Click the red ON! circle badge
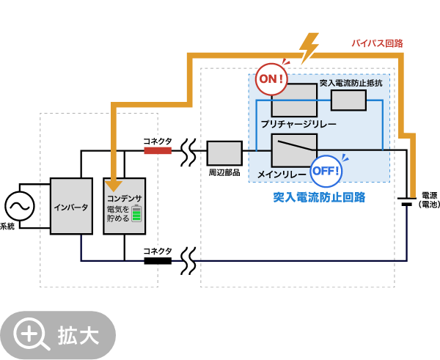[x=271, y=79]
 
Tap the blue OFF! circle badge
[x=326, y=171]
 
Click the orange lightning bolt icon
[x=309, y=48]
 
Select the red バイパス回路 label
[x=377, y=43]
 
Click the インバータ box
[x=71, y=207]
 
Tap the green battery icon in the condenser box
[x=136, y=213]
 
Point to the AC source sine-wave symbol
[x=20, y=206]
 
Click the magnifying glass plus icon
[x=30, y=334]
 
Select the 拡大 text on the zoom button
[x=78, y=336]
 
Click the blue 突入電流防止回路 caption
[x=319, y=196]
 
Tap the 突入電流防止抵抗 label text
[x=351, y=83]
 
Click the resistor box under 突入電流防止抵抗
[x=348, y=100]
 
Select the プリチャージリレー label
[x=298, y=125]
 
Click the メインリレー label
[x=281, y=174]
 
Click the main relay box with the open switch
[x=294, y=150]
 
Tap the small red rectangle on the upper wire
[x=158, y=151]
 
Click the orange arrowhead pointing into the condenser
[x=114, y=185]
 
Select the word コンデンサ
[x=124, y=198]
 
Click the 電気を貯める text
[x=117, y=213]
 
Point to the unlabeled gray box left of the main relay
[x=224, y=153]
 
